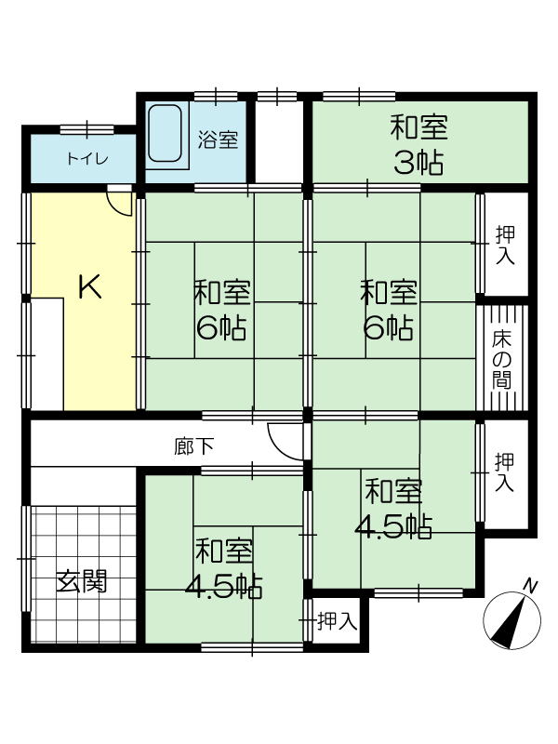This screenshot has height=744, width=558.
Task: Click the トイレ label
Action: [x=87, y=158]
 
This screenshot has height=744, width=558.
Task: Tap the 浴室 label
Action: [x=218, y=139]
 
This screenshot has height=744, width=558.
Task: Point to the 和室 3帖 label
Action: [x=418, y=145]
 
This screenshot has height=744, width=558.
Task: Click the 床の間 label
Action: [x=502, y=359]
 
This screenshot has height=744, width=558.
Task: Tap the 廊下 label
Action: [x=194, y=446]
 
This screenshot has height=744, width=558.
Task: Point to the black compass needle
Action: [x=509, y=622]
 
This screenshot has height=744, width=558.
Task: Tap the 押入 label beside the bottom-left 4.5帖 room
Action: [x=337, y=621]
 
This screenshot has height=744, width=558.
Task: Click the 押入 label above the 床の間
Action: [x=504, y=245]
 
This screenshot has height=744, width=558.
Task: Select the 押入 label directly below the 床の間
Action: [x=504, y=472]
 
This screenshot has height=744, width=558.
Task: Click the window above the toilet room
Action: [x=87, y=129]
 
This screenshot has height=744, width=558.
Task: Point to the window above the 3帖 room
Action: [x=359, y=97]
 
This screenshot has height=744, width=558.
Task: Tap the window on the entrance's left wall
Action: [x=26, y=559]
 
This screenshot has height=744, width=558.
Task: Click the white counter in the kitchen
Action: [x=47, y=354]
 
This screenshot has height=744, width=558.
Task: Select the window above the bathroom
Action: [x=216, y=97]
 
